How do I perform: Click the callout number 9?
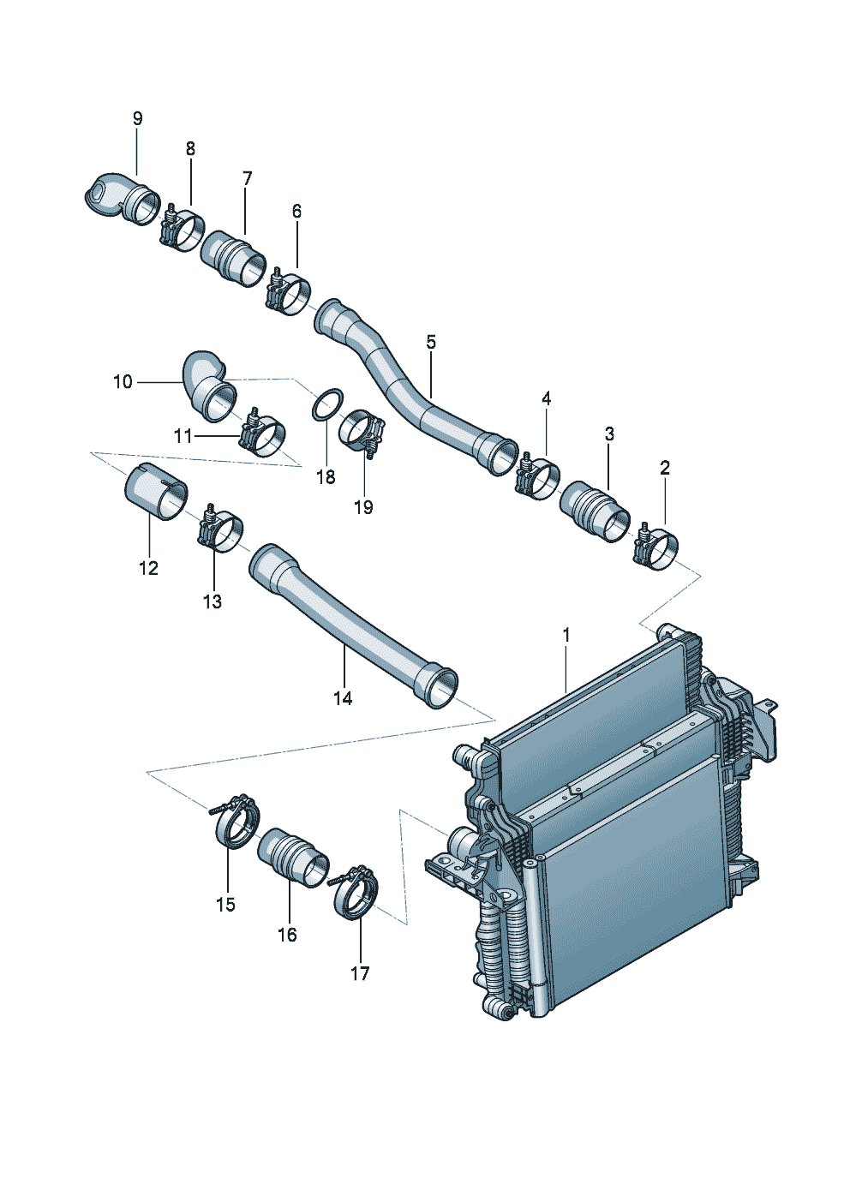138,119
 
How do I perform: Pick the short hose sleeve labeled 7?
233,256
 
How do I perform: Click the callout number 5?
430,343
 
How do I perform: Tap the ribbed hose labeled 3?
595,511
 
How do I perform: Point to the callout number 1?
566,635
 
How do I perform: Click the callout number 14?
343,698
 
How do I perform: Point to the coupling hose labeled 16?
293,857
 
